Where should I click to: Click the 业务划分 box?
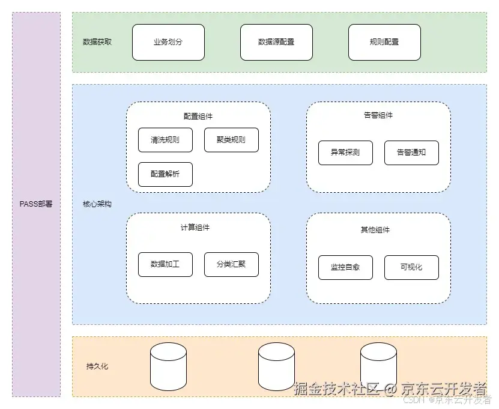[168, 42]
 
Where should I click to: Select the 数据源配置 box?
[276, 42]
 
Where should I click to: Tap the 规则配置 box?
[384, 42]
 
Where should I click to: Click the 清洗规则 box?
[165, 140]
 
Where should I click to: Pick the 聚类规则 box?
[231, 140]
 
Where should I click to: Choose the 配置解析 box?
[165, 174]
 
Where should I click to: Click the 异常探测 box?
[345, 153]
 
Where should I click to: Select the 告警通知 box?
[411, 153]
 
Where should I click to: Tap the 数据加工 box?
[165, 264]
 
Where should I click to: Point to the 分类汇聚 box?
[231, 264]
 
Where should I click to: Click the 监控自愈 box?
[345, 267]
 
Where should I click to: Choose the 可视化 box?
[411, 267]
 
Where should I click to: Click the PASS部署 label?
[36, 204]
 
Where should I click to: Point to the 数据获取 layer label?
[97, 42]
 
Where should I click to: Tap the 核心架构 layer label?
[97, 204]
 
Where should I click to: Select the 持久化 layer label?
[97, 366]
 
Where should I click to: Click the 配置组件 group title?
[198, 115]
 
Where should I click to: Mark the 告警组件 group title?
[378, 115]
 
